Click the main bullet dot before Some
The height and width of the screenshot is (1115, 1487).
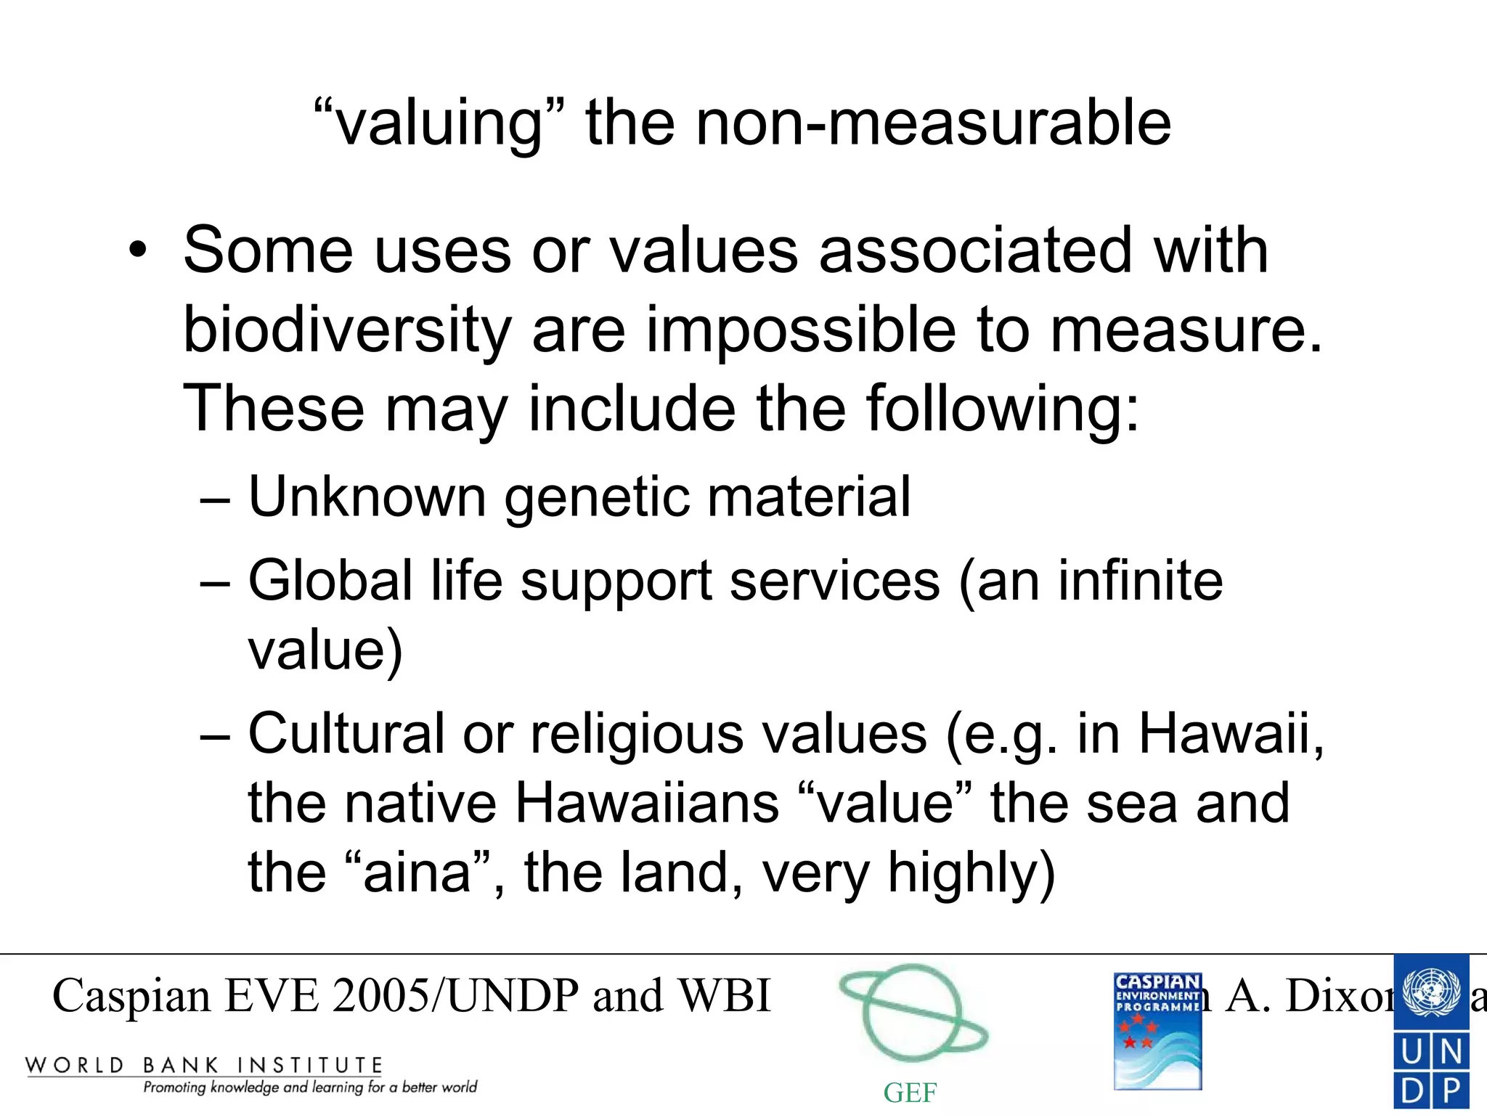point(137,251)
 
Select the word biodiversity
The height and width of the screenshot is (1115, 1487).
point(347,330)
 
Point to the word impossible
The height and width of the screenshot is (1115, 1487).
point(801,330)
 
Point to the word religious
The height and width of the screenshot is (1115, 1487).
point(637,735)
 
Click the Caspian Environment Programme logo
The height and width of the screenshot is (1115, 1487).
point(1157,1031)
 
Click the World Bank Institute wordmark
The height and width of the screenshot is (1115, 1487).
point(204,1066)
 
